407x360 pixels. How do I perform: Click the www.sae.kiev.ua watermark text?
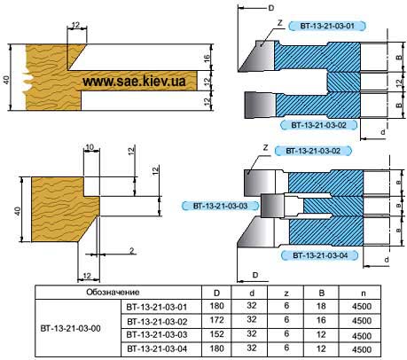(134, 81)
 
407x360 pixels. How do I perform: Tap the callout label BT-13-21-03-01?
(327, 26)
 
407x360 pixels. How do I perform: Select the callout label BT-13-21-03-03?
(220, 206)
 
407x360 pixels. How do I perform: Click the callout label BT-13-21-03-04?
(320, 255)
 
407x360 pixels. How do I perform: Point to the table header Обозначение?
(113, 293)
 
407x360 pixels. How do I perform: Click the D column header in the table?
(216, 293)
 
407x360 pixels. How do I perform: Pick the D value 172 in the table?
(216, 320)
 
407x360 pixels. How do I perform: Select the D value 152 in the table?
(216, 334)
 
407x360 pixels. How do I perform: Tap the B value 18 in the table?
(321, 306)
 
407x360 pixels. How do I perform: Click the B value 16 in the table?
(321, 320)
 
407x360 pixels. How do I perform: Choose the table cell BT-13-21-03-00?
(70, 328)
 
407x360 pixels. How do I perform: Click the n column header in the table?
(364, 293)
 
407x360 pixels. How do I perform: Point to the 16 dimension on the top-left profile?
(207, 58)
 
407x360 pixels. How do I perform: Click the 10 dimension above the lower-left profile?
(90, 147)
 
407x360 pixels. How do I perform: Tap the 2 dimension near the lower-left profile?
(132, 251)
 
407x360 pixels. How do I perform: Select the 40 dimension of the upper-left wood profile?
(6, 80)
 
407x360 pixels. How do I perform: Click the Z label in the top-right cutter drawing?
(280, 23)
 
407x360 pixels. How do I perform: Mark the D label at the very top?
(271, 8)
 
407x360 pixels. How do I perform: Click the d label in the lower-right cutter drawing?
(387, 260)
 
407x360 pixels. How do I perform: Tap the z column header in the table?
(286, 293)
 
